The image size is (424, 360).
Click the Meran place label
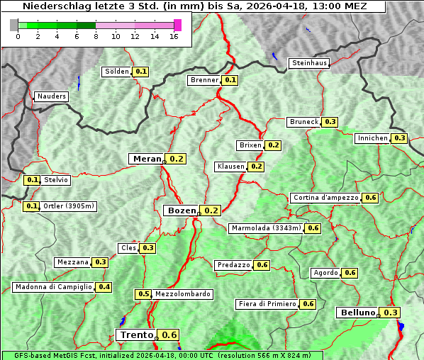tap(146, 159)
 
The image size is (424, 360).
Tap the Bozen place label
tap(181, 210)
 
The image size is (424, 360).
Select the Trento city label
tap(136, 335)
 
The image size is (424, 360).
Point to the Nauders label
tap(52, 96)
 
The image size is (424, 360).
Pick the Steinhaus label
tap(310, 63)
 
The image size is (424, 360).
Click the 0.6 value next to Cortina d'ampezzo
tap(370, 198)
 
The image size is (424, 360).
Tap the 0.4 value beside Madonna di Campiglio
tap(104, 287)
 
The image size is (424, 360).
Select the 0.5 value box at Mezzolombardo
tap(143, 294)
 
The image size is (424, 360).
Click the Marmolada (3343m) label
tap(266, 228)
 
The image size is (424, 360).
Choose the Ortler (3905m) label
tap(68, 206)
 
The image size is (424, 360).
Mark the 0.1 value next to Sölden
tap(141, 72)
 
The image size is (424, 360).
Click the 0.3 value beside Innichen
tap(400, 138)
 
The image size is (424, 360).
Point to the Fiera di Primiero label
tap(267, 304)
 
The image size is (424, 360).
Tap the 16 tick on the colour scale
tap(174, 37)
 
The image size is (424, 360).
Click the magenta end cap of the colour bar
tap(177, 25)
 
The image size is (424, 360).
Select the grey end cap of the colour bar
tap(14, 25)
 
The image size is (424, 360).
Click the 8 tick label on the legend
tap(95, 37)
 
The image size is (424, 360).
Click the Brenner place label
tap(204, 80)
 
